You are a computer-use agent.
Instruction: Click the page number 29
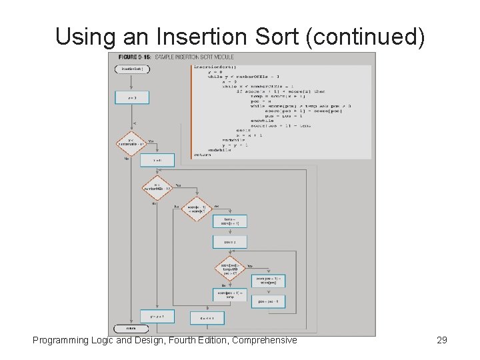coord(441,340)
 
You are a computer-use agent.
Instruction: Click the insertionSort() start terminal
coord(131,69)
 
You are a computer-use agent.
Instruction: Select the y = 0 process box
coord(131,97)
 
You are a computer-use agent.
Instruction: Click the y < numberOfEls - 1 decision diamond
coord(131,143)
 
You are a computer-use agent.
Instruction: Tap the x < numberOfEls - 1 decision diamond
coord(157,187)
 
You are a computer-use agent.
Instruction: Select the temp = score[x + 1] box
coord(229,221)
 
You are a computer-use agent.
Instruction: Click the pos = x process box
coord(229,242)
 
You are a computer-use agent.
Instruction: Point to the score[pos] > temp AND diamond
coord(229,268)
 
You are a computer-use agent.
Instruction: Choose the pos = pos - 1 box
coord(268,301)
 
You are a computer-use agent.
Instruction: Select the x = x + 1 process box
coord(207,318)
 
